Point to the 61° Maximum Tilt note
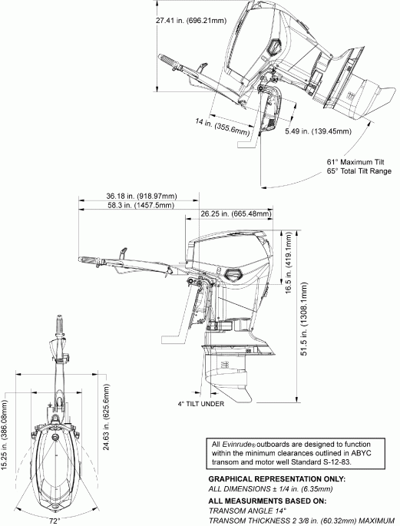(x=355, y=163)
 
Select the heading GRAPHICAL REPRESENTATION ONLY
(x=276, y=479)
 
